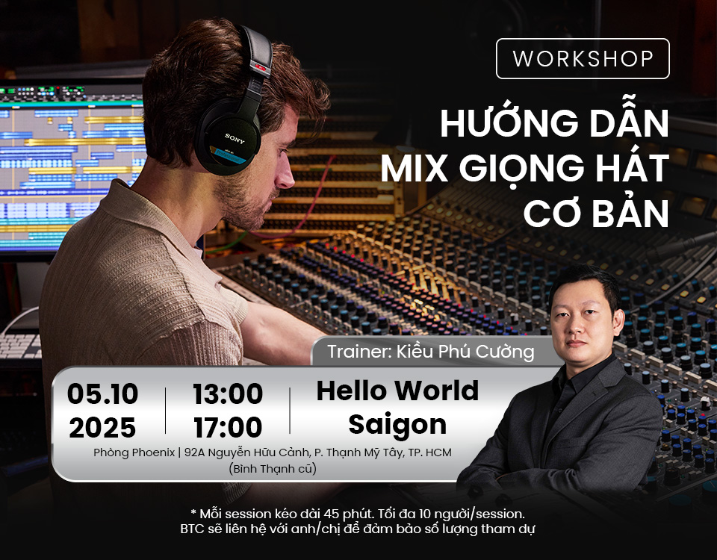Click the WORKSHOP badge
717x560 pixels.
[583, 58]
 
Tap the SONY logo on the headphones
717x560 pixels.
[235, 138]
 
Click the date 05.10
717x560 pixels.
[102, 393]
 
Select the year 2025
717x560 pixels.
[102, 427]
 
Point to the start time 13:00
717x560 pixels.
[228, 393]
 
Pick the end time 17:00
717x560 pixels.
[228, 427]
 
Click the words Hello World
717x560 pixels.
[397, 391]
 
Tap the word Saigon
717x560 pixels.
[397, 425]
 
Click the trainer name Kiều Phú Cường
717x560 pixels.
[465, 352]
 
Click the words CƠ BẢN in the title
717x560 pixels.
[596, 213]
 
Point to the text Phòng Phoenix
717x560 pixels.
[134, 452]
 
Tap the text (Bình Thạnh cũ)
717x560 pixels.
[273, 469]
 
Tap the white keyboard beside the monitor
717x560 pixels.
[21, 346]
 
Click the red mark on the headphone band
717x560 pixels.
[261, 68]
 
